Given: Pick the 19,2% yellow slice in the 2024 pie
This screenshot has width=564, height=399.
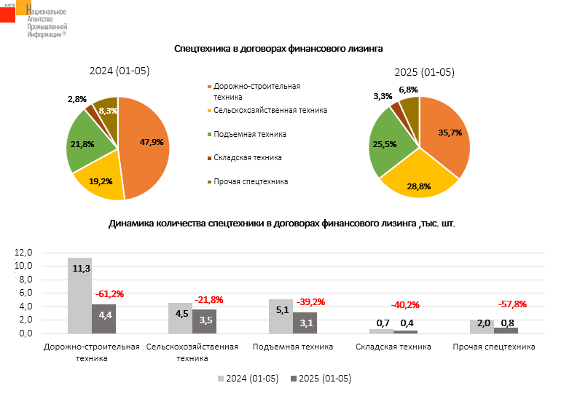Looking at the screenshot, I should (x=99, y=178).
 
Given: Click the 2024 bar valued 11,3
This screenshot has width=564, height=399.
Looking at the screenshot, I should (x=79, y=295).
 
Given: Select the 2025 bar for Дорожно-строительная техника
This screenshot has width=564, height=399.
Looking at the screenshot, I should (x=103, y=318).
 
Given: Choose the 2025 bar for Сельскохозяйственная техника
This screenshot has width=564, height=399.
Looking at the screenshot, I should (x=204, y=321).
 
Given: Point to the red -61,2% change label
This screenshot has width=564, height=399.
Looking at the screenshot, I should (x=109, y=294).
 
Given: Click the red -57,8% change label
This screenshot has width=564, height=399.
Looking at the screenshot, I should (x=512, y=304).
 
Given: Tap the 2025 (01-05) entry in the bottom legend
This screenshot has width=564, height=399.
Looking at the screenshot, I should (x=320, y=379).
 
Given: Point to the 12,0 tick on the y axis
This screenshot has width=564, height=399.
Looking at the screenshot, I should (x=25, y=252).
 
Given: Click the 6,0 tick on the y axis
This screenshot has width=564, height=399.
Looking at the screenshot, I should (x=25, y=293).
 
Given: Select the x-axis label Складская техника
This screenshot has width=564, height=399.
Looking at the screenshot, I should (x=393, y=347).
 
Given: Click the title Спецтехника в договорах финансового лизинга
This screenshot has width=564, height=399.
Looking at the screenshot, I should (x=278, y=48).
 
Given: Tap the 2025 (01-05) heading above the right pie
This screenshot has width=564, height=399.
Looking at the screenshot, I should (x=424, y=72).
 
